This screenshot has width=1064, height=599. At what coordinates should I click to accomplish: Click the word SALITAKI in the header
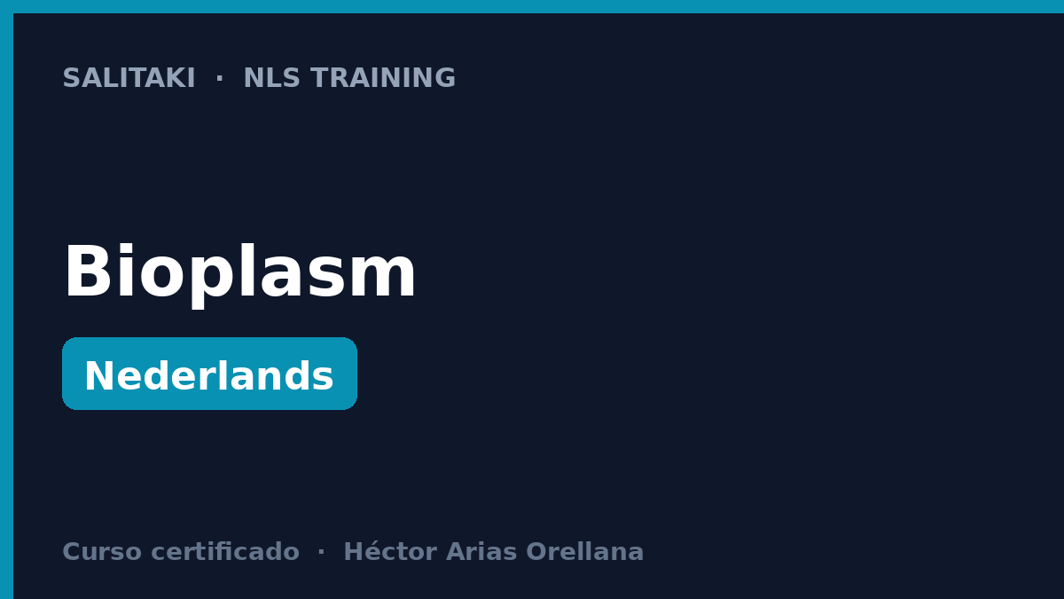pyautogui.click(x=129, y=78)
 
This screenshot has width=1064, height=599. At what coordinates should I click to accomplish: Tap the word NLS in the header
pyautogui.click(x=271, y=78)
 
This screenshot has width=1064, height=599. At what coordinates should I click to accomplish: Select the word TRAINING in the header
pyautogui.click(x=383, y=78)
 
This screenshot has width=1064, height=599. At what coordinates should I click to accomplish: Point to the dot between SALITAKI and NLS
pyautogui.click(x=220, y=79)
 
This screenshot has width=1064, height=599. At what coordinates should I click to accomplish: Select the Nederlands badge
pyautogui.click(x=209, y=374)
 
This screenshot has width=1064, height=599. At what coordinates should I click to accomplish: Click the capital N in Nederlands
pyautogui.click(x=98, y=376)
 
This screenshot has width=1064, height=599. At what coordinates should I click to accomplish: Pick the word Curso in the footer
pyautogui.click(x=102, y=552)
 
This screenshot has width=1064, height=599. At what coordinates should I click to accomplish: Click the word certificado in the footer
pyautogui.click(x=225, y=551)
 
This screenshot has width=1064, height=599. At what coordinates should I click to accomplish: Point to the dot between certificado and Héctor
pyautogui.click(x=321, y=553)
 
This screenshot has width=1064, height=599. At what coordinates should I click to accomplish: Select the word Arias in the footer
pyautogui.click(x=481, y=551)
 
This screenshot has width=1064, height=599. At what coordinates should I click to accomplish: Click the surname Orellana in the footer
pyautogui.click(x=584, y=551)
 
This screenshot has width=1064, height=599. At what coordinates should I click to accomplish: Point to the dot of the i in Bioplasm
pyautogui.click(x=125, y=248)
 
